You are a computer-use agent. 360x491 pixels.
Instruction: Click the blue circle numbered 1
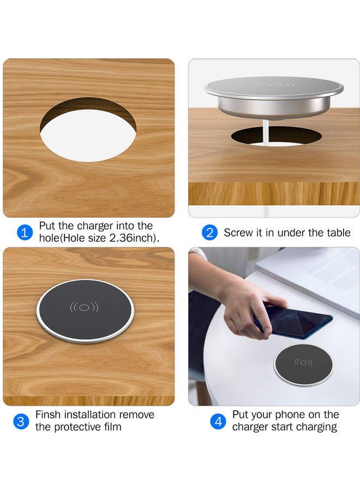tap(23, 233)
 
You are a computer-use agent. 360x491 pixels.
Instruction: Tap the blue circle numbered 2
tap(209, 233)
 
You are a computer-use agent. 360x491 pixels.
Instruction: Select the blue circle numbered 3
tap(21, 421)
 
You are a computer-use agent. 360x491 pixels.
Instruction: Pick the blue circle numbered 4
tap(218, 421)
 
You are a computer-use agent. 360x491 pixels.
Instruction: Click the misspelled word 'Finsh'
tap(49, 415)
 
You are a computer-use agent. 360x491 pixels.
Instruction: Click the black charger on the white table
tap(303, 364)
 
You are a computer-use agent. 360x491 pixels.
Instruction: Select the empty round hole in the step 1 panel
tap(88, 134)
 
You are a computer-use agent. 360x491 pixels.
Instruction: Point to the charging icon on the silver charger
tap(274, 85)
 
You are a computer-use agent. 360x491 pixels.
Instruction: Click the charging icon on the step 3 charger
tap(84, 307)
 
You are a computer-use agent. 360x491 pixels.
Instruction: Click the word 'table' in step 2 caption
tap(338, 233)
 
